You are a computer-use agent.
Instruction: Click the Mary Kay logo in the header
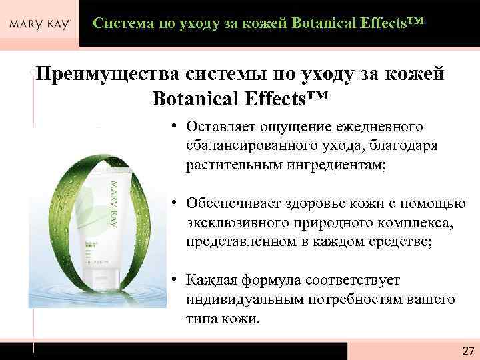(39, 25)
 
